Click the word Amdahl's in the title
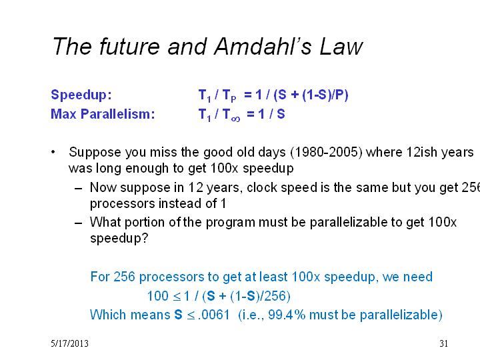263,47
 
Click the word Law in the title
341,47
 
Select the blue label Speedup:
81,95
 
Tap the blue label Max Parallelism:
103,114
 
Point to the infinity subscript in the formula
235,119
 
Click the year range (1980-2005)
326,152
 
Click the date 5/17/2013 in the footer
69,343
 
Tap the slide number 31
443,343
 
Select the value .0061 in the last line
214,315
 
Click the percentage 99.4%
287,315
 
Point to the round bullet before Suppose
53,152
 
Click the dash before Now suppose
79,188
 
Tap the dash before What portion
79,223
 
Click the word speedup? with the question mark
119,239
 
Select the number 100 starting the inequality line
157,296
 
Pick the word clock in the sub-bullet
262,187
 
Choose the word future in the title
129,47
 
